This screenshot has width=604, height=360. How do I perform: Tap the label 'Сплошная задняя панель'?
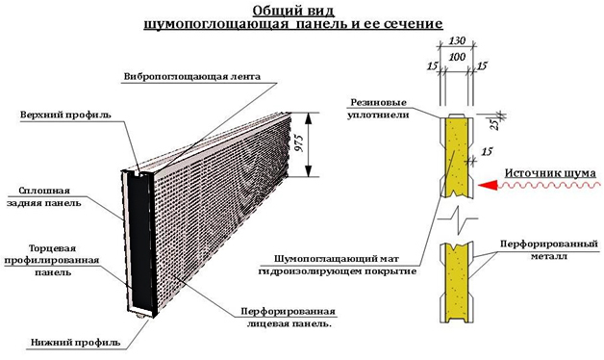(49, 196)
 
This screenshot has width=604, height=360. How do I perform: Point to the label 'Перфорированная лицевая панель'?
(287, 318)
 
